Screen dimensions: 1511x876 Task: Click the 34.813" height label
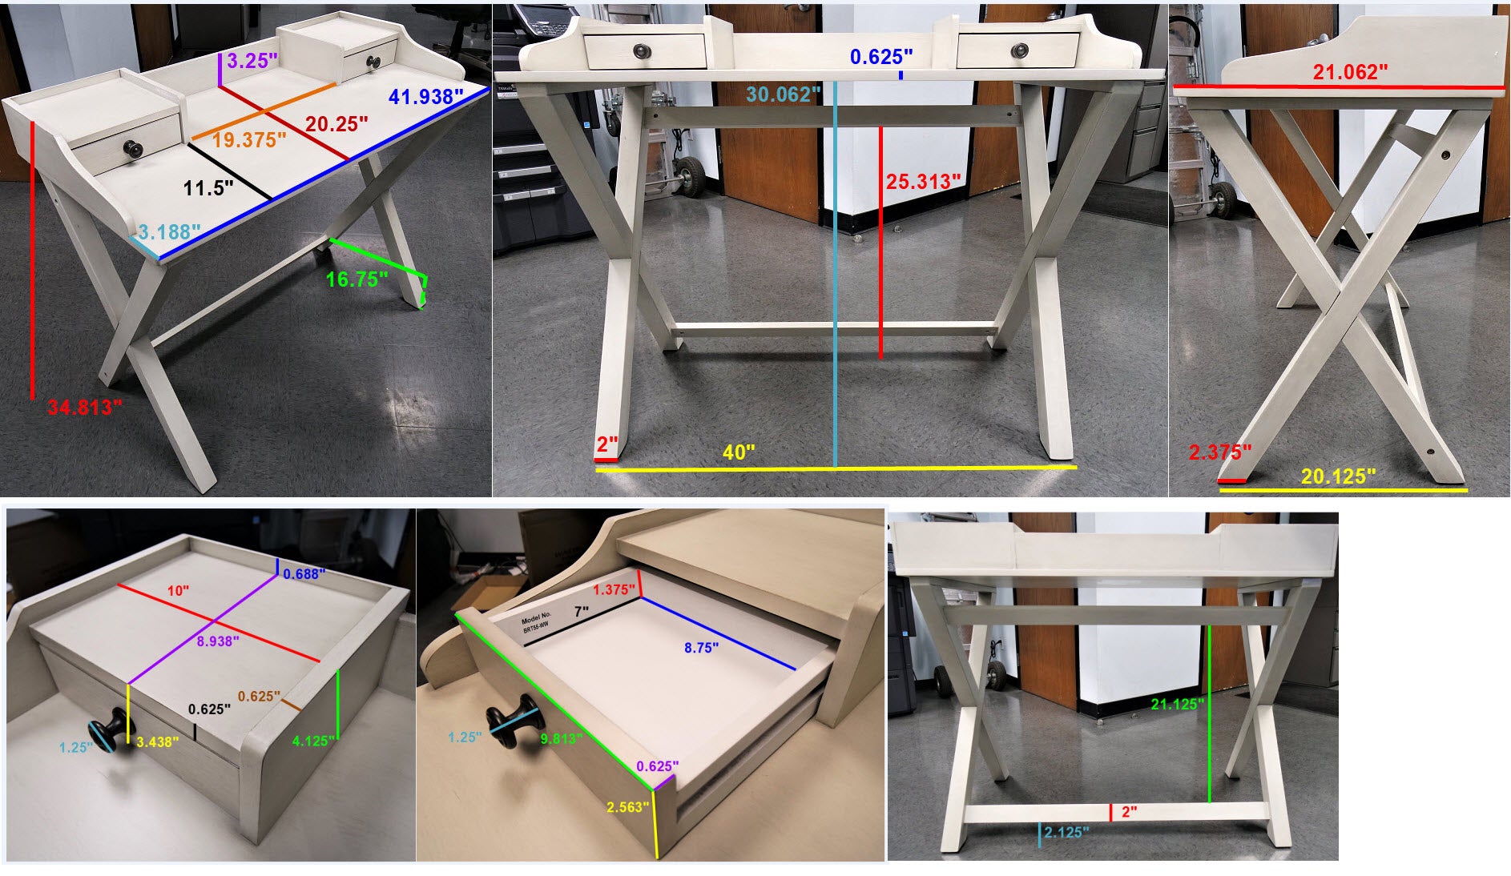(x=84, y=407)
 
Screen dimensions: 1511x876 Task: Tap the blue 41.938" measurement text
(x=426, y=97)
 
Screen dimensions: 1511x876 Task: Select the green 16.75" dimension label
(x=357, y=279)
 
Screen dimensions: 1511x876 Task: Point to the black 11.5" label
(x=208, y=188)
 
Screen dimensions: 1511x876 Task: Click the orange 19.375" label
(x=250, y=140)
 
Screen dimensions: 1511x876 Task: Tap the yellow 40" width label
(x=739, y=452)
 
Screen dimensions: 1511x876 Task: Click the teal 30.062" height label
(x=784, y=94)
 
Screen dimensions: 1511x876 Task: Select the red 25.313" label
(x=923, y=182)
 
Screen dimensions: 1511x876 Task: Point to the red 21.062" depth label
(x=1350, y=72)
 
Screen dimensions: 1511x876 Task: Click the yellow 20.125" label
(x=1339, y=476)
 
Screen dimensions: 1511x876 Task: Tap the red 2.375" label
(x=1220, y=452)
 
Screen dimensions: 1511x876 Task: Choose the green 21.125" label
(x=1178, y=704)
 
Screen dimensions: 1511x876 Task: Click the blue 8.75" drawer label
(x=701, y=648)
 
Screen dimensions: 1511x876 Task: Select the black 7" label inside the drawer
(x=581, y=611)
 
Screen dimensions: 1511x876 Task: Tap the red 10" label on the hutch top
(x=178, y=590)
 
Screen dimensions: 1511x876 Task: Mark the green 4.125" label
(x=313, y=741)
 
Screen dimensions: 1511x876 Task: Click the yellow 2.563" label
(x=627, y=806)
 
